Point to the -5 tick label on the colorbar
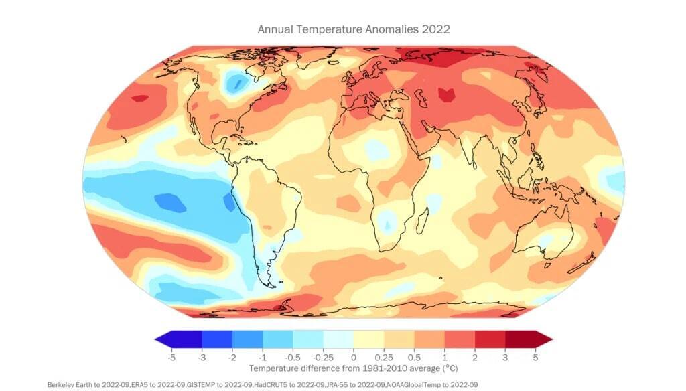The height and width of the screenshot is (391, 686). (x=171, y=358)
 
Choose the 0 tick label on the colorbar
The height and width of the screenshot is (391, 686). (x=353, y=358)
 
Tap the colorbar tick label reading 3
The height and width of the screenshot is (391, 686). (x=504, y=358)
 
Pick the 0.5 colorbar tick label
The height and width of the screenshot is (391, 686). (x=413, y=358)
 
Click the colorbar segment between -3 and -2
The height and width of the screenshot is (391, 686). (x=216, y=340)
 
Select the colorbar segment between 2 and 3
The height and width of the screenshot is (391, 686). (x=489, y=340)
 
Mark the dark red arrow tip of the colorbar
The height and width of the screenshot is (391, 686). (x=543, y=340)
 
